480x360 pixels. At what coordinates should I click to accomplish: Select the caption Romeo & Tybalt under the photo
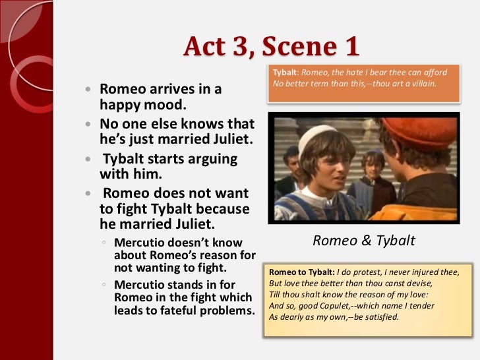(x=364, y=241)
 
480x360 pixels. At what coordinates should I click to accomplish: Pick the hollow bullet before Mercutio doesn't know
(x=104, y=243)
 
